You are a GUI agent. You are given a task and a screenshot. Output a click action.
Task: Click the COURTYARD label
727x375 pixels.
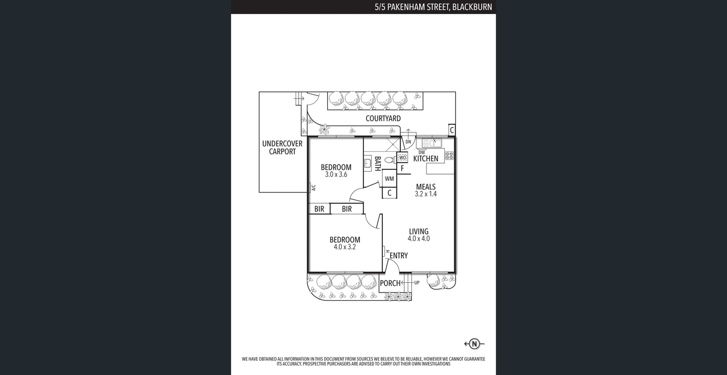pos(383,118)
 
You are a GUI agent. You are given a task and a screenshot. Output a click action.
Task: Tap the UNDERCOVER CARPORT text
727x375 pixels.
pos(282,147)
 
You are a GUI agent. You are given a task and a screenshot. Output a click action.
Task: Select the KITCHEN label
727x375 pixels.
pos(426,159)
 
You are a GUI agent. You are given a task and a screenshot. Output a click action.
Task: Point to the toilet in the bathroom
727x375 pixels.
pos(389,160)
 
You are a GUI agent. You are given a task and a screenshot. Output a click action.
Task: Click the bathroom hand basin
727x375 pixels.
pos(367,163)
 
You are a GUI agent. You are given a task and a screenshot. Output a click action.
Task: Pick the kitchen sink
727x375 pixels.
pos(431,143)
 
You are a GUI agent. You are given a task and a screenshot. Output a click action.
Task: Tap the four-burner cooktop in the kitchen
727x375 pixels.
pos(449,156)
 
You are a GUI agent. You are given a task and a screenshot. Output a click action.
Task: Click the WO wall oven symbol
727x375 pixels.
pos(402,158)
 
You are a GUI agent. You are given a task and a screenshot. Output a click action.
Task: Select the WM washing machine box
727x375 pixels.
pos(389,179)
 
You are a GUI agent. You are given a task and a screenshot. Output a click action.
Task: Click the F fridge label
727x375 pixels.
pos(402,169)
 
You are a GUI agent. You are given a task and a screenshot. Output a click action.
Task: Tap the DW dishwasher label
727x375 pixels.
pos(422,152)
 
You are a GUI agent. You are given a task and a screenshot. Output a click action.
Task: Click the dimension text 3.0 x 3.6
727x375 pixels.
pos(336,175)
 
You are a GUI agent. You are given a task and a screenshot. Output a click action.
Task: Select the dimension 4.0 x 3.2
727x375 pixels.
pos(345,246)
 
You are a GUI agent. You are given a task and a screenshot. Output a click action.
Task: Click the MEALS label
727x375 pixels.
pos(426,187)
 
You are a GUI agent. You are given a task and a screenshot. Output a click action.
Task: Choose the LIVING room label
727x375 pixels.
pos(418,231)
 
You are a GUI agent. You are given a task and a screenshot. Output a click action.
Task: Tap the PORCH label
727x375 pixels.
pos(390,283)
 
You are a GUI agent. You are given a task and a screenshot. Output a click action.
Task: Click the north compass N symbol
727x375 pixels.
pos(475,344)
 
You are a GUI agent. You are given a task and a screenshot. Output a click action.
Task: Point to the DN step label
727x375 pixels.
pos(408,142)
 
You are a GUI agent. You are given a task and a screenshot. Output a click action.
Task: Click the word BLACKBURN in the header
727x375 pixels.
pos(472,7)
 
